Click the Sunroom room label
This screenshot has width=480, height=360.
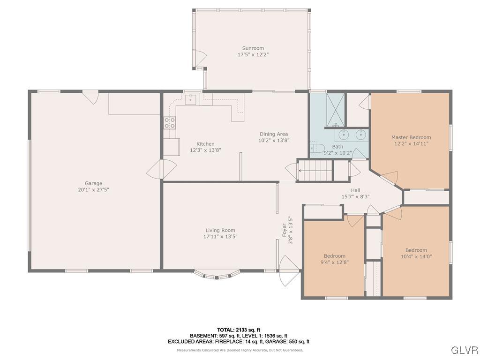253,48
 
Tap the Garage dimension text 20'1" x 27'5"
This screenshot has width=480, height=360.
94,190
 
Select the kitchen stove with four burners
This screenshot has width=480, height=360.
169,123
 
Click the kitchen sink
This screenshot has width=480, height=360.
191,99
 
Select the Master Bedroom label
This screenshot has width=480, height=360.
411,137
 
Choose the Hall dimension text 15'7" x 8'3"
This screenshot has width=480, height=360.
355,197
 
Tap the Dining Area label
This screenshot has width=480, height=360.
274,134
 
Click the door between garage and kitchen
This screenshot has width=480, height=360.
161,170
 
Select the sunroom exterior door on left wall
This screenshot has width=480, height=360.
201,59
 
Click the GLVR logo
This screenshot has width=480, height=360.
464,350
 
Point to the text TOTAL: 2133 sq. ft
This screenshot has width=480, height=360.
239,330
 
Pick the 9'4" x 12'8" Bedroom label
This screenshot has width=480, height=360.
335,256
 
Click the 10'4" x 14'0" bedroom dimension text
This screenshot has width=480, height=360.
416,256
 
